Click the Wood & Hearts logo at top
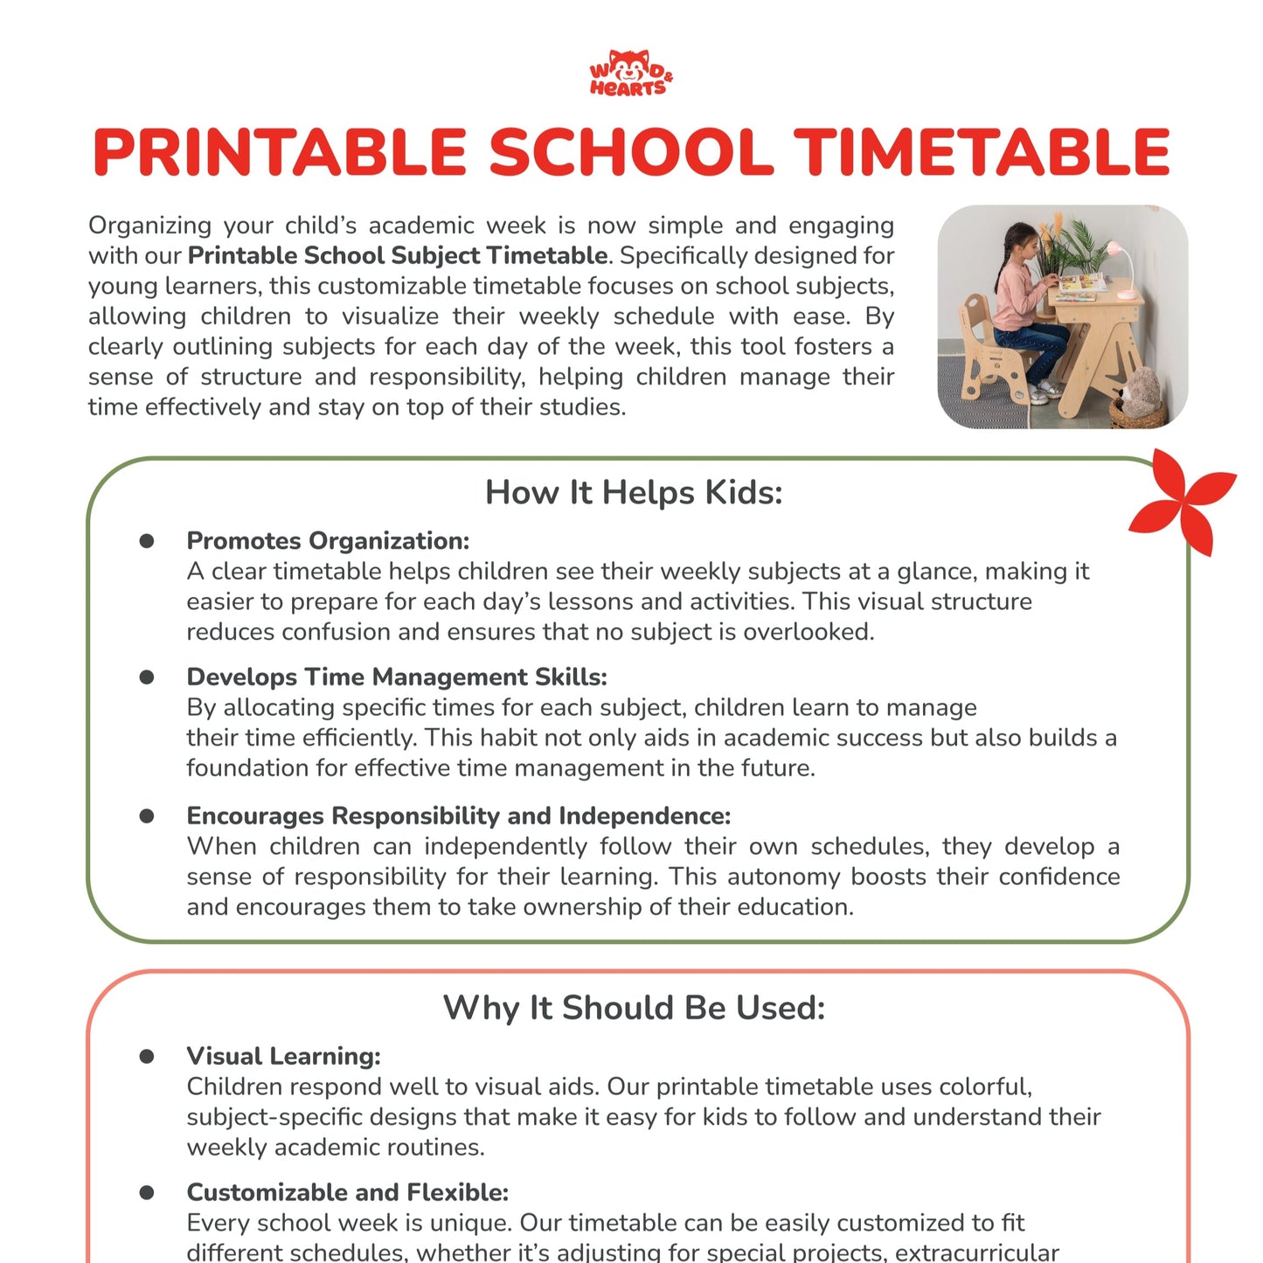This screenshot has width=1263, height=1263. [x=630, y=73]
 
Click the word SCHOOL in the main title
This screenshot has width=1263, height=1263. [x=630, y=153]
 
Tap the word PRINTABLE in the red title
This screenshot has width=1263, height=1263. [x=280, y=153]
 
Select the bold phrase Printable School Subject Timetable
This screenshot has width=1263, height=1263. [x=398, y=255]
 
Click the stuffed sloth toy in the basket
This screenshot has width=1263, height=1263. [x=1140, y=393]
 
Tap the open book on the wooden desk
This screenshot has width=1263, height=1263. [x=1079, y=281]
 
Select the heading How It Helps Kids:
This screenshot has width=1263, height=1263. [x=634, y=492]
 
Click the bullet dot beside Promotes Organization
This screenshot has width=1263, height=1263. [x=147, y=541]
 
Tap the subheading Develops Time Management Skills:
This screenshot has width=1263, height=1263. [x=397, y=677]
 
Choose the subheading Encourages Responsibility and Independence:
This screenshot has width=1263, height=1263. [x=458, y=815]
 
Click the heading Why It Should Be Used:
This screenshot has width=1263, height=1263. [x=634, y=1008]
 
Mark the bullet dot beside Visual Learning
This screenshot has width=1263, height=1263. [x=147, y=1056]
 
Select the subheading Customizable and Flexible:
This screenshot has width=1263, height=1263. [x=347, y=1192]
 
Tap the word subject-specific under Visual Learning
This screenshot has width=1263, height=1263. [x=261, y=1117]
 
